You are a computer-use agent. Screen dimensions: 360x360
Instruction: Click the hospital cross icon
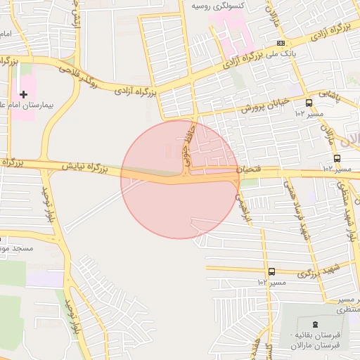tap(24, 94)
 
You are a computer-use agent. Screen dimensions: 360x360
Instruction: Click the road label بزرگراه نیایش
tap(83, 167)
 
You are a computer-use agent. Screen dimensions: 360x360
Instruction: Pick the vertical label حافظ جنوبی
tap(186, 145)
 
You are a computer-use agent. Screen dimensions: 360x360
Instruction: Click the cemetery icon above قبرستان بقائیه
tap(314, 323)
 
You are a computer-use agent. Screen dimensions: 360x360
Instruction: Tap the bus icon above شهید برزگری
tap(271, 271)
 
